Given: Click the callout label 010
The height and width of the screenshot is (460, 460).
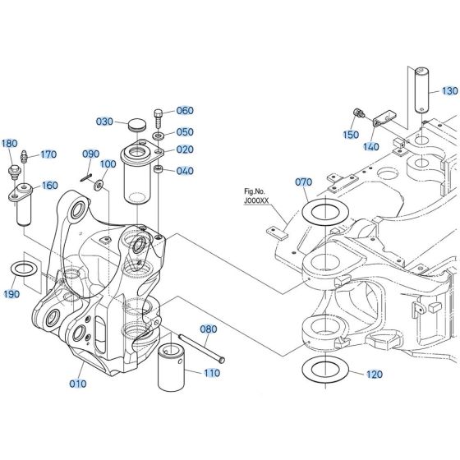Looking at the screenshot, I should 77,383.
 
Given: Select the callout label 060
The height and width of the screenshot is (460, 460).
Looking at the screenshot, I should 185,111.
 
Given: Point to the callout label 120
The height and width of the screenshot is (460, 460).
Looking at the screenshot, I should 374,375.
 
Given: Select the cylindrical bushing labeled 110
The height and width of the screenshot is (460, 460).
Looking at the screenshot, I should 176,362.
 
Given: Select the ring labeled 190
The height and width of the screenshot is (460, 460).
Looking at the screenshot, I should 25,269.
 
